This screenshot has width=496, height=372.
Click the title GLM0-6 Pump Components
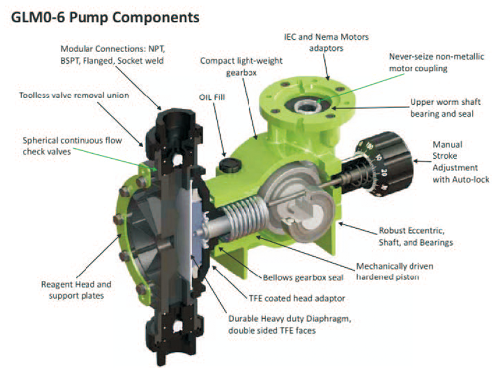105,17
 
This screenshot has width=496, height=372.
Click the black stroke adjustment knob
385,164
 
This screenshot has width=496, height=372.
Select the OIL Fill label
212,97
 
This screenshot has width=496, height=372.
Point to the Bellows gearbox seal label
303,278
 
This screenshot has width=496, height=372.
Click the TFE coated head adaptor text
297,298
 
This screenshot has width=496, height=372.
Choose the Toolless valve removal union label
74,95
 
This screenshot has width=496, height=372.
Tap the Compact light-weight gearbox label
241,66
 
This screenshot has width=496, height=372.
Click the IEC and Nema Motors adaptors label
326,42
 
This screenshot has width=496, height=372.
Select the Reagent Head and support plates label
76,290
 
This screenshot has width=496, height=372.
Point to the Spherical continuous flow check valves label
73,146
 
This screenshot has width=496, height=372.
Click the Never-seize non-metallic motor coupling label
436,63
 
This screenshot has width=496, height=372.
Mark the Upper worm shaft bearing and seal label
445,108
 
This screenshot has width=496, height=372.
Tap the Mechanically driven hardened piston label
395,272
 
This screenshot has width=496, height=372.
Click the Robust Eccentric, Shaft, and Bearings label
415,237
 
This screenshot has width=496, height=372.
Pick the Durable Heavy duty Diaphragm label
290,324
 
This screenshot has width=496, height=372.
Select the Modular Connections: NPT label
113,49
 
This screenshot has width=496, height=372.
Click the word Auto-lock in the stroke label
472,180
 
